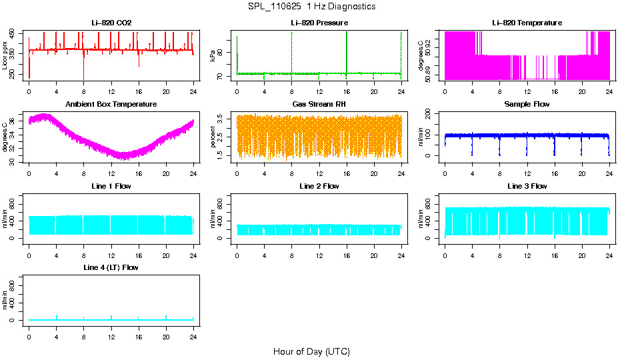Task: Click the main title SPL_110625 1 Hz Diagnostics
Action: pos(311,7)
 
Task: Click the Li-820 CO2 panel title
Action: pos(111,23)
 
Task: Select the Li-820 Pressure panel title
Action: pos(319,23)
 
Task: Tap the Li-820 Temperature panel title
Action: pos(527,23)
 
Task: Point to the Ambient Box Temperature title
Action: pos(111,105)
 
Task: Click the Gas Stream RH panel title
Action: pos(319,105)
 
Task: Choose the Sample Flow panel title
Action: pos(527,105)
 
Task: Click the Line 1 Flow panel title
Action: pos(111,186)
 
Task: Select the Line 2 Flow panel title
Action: pos(319,186)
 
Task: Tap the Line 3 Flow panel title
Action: pos(527,186)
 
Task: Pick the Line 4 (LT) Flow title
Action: pos(111,267)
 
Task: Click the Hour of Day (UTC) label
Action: pos(311,351)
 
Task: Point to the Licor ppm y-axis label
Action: pos(6,55)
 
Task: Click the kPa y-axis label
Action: pos(213,55)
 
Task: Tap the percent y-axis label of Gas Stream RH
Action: pos(213,137)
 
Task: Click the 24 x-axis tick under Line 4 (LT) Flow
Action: pos(193,330)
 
